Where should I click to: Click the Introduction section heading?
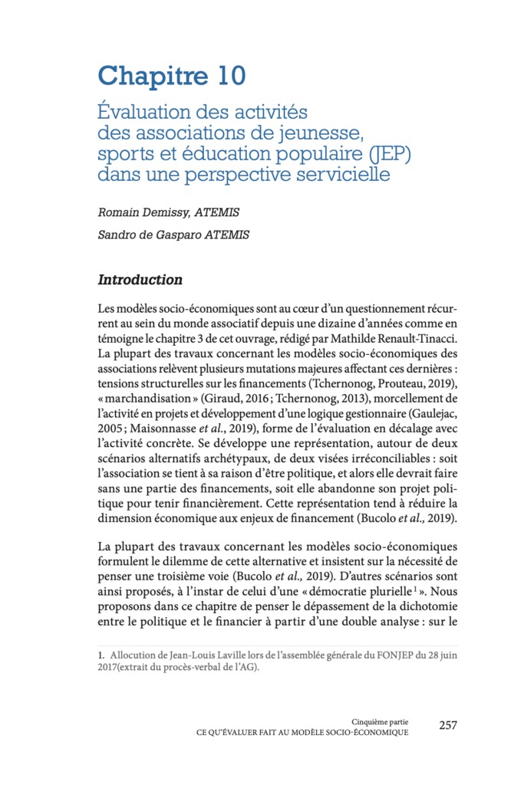click(140, 280)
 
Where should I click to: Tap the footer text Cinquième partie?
click(380, 721)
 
